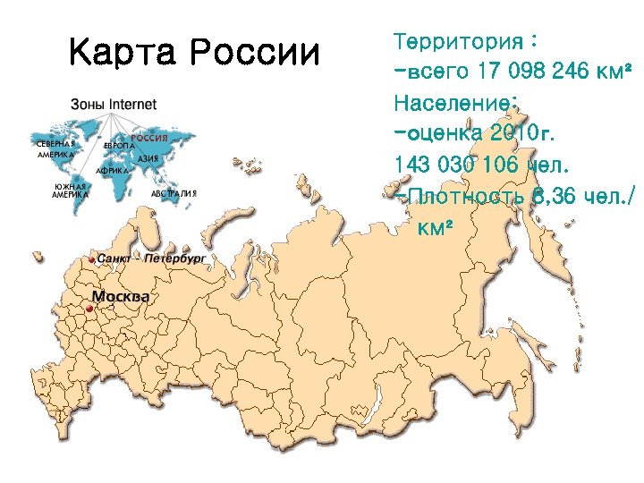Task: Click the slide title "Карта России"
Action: [x=194, y=54]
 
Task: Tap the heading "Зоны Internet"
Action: [x=114, y=104]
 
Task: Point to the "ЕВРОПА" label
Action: [x=119, y=145]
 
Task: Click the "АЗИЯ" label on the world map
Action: [x=148, y=158]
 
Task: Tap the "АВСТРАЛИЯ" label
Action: [x=174, y=192]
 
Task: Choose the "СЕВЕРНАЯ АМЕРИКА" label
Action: [x=55, y=148]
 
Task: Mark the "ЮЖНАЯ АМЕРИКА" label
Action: [x=71, y=191]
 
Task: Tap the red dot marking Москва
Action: [x=89, y=309]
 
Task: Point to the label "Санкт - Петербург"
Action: [x=151, y=258]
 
